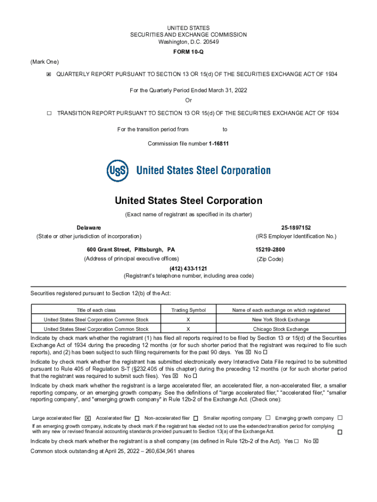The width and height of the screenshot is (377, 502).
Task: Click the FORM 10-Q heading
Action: pyautogui.click(x=188, y=52)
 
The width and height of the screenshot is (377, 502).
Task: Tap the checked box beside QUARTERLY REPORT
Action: pyautogui.click(x=48, y=74)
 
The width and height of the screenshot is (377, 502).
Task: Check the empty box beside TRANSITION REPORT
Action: pyautogui.click(x=49, y=113)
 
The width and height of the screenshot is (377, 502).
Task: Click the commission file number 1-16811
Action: pyautogui.click(x=218, y=144)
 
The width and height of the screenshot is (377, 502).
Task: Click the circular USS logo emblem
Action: pyautogui.click(x=118, y=171)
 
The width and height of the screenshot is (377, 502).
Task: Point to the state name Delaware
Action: pyautogui.click(x=89, y=228)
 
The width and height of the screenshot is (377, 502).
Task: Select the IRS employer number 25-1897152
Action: pyautogui.click(x=296, y=228)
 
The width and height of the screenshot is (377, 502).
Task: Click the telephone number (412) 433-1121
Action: pyautogui.click(x=188, y=269)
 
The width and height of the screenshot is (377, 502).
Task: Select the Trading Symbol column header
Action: pyautogui.click(x=188, y=310)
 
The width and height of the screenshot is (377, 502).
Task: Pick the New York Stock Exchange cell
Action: pyautogui.click(x=281, y=320)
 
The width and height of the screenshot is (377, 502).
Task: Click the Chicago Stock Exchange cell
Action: pyautogui.click(x=281, y=329)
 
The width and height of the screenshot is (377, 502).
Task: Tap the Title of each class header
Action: pyautogui.click(x=96, y=310)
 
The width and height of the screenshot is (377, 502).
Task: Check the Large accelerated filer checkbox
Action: pyautogui.click(x=88, y=418)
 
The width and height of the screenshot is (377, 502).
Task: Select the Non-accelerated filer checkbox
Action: pyautogui.click(x=195, y=418)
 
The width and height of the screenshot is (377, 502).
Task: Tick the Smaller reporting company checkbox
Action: pyautogui.click(x=268, y=418)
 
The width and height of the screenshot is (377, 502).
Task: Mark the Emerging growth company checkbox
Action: pyautogui.click(x=340, y=418)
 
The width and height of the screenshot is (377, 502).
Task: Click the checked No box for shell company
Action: pyautogui.click(x=316, y=441)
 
